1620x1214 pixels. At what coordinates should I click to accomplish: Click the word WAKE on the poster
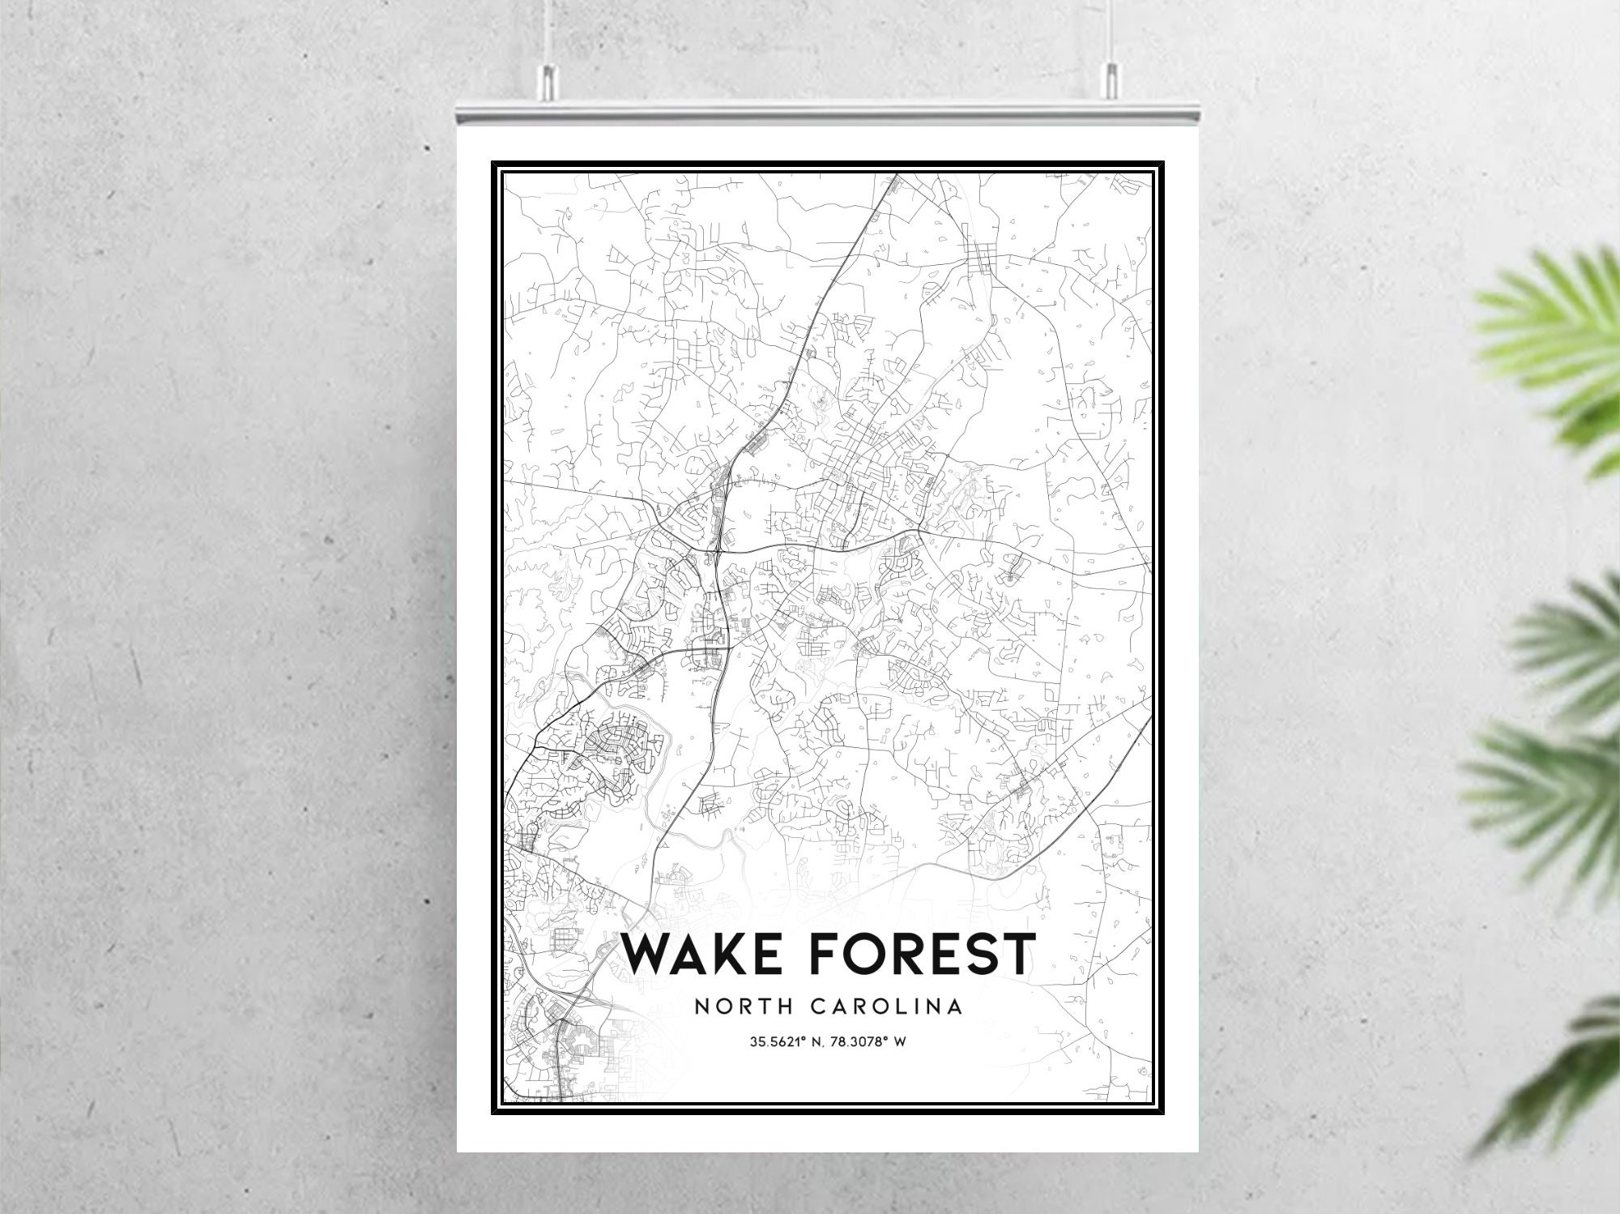pos(700,954)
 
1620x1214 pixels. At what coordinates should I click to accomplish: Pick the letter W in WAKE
pos(647,954)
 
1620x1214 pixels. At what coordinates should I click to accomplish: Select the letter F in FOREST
pos(823,954)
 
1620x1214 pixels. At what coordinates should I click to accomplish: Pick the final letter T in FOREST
pos(1016,954)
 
